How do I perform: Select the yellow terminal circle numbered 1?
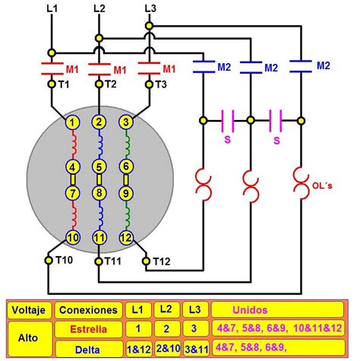72,122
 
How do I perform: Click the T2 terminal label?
111,84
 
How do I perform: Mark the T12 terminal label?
162,261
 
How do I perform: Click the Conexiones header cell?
90,310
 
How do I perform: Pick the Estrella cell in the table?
90,328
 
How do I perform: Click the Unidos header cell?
281,310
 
